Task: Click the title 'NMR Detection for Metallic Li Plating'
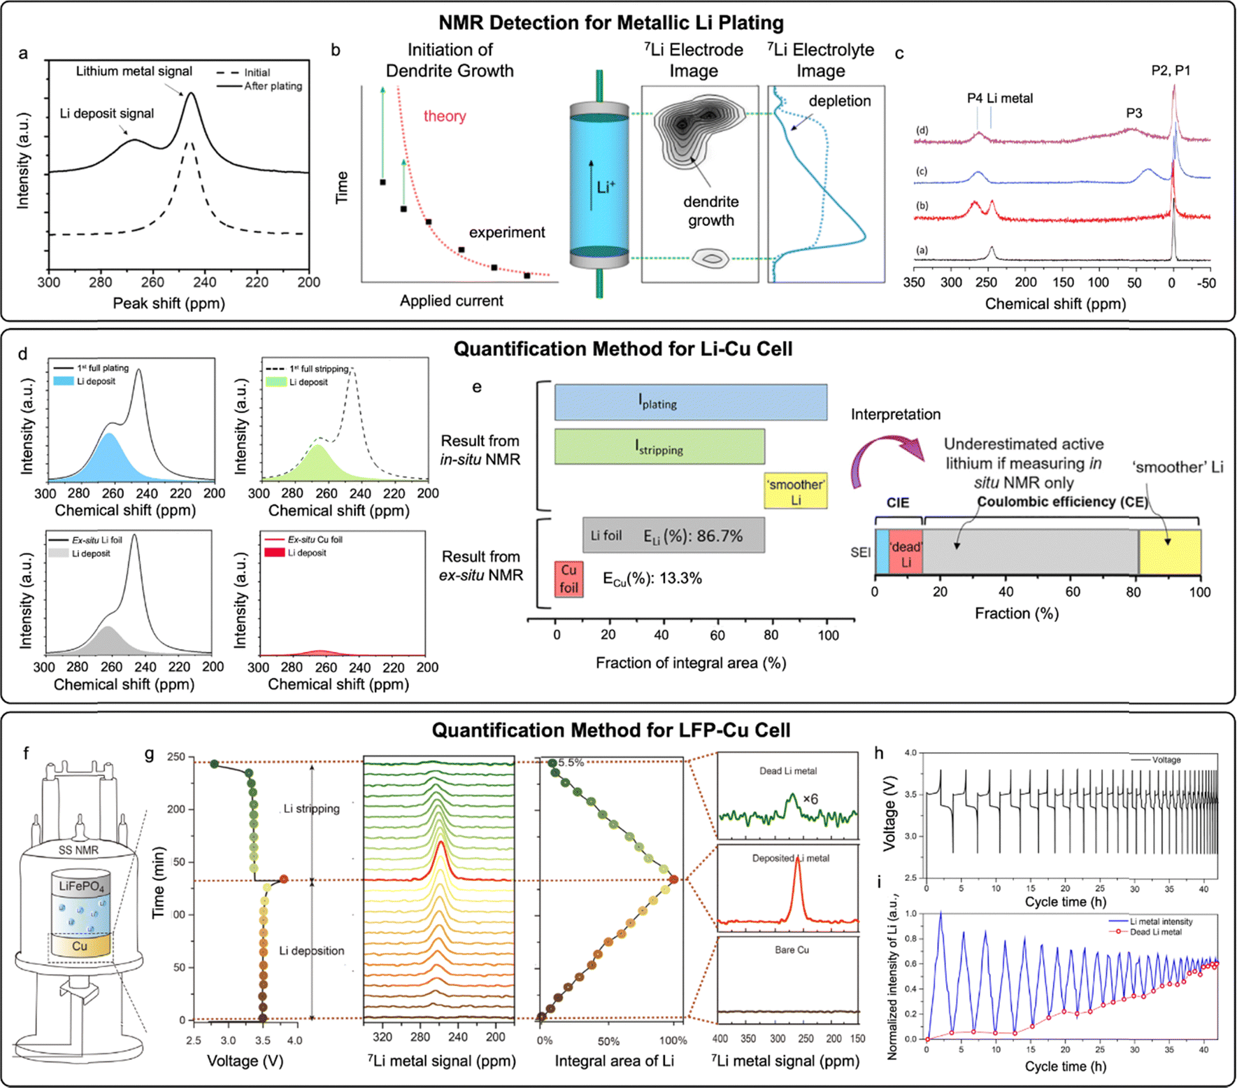(x=610, y=22)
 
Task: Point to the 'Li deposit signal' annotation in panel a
(x=106, y=113)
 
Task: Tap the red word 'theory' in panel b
(x=444, y=116)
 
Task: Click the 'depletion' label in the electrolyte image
(x=839, y=101)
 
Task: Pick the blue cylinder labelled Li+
(x=600, y=184)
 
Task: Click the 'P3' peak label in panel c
(x=1134, y=113)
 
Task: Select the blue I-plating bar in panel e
(x=690, y=402)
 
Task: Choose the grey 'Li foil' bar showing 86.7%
(x=673, y=536)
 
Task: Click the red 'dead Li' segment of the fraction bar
(x=906, y=553)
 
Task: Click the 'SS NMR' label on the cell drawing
(x=78, y=850)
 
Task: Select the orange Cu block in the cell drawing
(x=80, y=946)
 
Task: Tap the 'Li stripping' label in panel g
(x=311, y=809)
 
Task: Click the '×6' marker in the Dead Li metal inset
(x=810, y=799)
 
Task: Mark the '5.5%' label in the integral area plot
(x=571, y=763)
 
